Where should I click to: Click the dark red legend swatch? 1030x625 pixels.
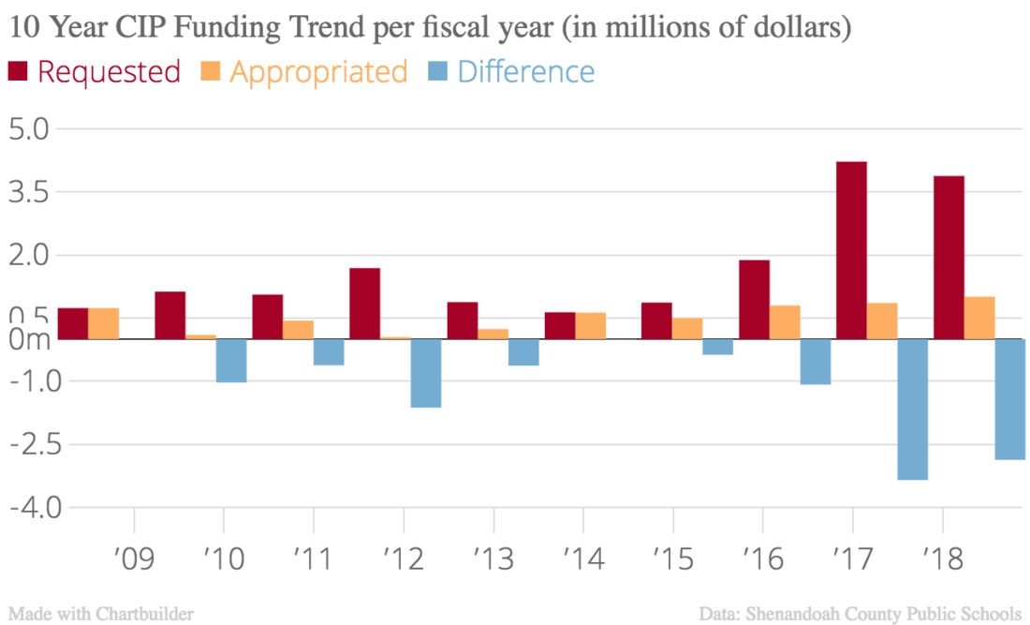pos(18,71)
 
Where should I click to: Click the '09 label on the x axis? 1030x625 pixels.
pos(134,559)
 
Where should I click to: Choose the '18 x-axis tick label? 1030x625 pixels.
pos(942,559)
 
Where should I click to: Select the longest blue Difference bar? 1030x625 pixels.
pos(912,409)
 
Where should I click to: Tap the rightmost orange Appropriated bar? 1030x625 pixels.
pos(979,318)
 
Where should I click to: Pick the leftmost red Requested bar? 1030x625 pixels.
pos(73,323)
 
